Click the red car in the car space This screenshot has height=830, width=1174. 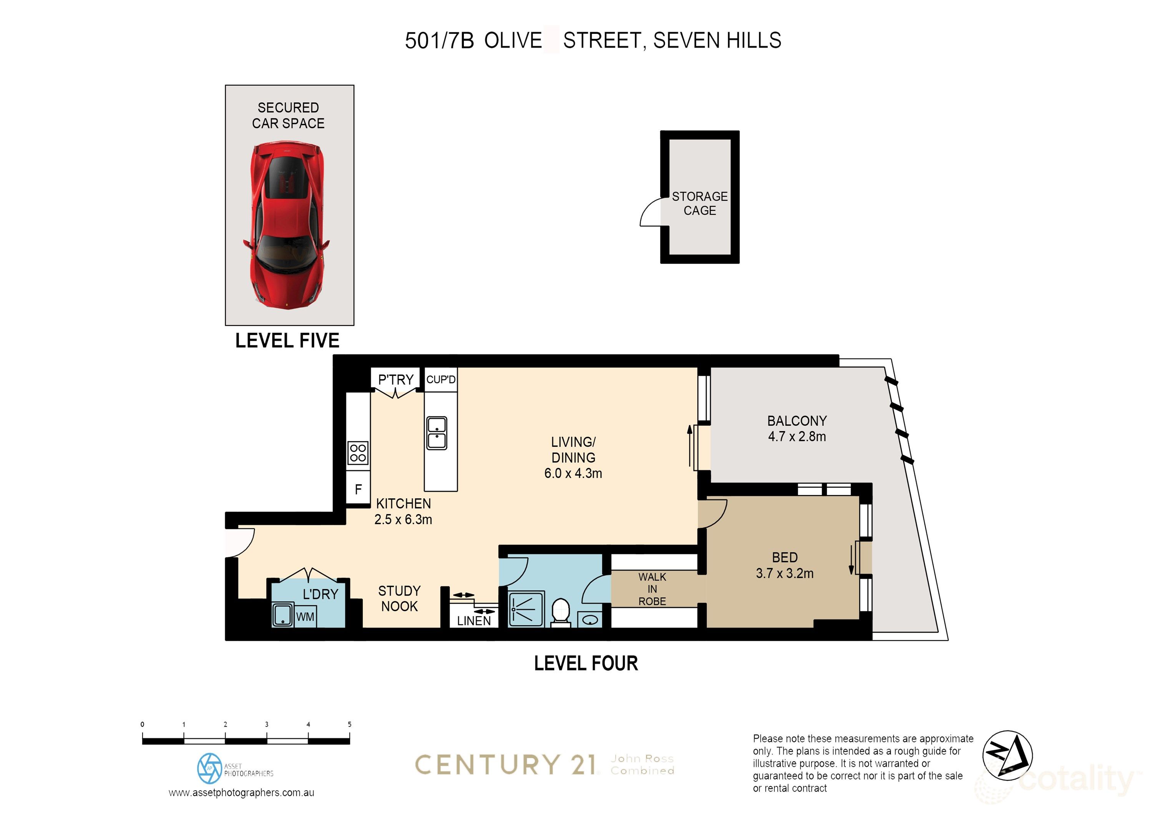click(x=286, y=225)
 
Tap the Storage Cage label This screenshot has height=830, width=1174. click(x=699, y=204)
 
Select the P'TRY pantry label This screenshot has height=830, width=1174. click(x=395, y=380)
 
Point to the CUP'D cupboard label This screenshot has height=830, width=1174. click(x=441, y=380)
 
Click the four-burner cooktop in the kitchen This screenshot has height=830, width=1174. click(x=358, y=453)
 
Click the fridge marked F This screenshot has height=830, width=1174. click(x=358, y=490)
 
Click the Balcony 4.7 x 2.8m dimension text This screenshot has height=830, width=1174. click(x=797, y=436)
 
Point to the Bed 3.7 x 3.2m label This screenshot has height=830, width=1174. click(x=784, y=565)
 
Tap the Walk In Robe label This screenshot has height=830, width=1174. click(x=652, y=589)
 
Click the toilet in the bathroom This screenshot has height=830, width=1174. click(x=561, y=612)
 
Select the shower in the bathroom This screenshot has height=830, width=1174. click(x=526, y=609)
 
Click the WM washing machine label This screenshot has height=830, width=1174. click(x=305, y=617)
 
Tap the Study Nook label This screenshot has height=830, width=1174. click(x=399, y=598)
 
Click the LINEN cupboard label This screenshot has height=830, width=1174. click(x=473, y=621)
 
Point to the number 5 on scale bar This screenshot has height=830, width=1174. click(x=350, y=724)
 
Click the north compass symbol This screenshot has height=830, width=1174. click(x=1007, y=755)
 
